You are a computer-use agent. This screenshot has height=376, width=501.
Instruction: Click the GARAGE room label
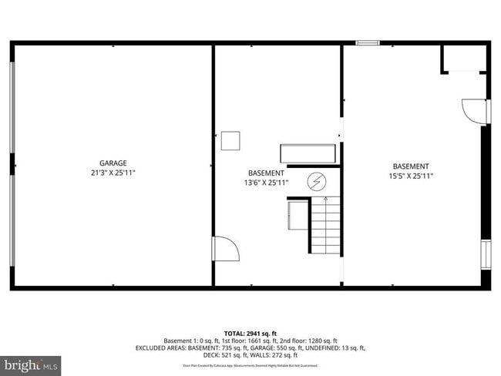click(x=113, y=163)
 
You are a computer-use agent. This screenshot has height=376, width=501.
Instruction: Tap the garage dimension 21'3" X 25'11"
click(x=113, y=173)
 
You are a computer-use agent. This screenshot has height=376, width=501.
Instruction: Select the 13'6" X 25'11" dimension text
click(x=266, y=183)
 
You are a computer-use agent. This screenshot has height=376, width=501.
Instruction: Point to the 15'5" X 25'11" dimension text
click(x=411, y=176)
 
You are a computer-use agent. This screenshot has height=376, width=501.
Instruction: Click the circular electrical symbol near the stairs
click(x=316, y=182)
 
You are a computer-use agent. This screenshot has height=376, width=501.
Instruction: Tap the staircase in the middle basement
click(x=325, y=225)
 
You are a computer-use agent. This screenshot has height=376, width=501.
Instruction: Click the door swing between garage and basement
click(x=224, y=250)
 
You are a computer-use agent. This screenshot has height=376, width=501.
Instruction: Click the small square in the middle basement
click(x=230, y=141)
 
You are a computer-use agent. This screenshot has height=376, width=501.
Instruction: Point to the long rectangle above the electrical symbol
click(x=308, y=153)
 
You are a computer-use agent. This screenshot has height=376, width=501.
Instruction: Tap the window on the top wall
click(x=367, y=42)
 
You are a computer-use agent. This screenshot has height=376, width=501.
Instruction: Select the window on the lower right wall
click(x=485, y=254)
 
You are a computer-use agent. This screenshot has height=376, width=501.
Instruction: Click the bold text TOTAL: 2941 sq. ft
click(x=250, y=331)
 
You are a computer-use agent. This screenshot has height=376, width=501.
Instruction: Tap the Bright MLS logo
click(x=31, y=363)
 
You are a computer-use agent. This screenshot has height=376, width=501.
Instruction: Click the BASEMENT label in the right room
click(x=411, y=166)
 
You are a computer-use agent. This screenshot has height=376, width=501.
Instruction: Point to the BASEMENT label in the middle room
click(x=266, y=173)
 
